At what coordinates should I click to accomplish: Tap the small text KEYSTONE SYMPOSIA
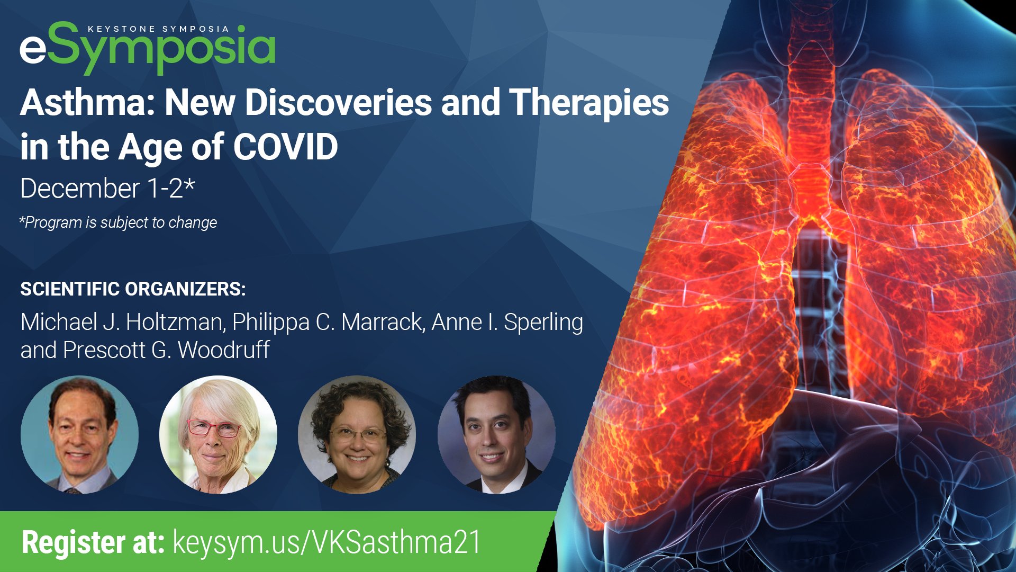(158, 29)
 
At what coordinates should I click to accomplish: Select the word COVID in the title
(285, 147)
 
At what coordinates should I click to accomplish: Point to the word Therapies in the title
(589, 103)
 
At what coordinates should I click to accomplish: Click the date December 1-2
(102, 189)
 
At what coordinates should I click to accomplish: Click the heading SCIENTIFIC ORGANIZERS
(133, 289)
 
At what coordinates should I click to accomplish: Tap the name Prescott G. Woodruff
(166, 350)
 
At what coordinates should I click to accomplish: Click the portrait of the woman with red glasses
(218, 434)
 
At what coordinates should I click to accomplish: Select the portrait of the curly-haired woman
(357, 434)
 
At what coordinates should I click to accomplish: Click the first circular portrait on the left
(79, 434)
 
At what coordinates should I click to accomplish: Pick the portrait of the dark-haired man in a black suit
(496, 434)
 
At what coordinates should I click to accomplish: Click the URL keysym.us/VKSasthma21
(327, 543)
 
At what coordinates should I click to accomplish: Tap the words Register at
(93, 543)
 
